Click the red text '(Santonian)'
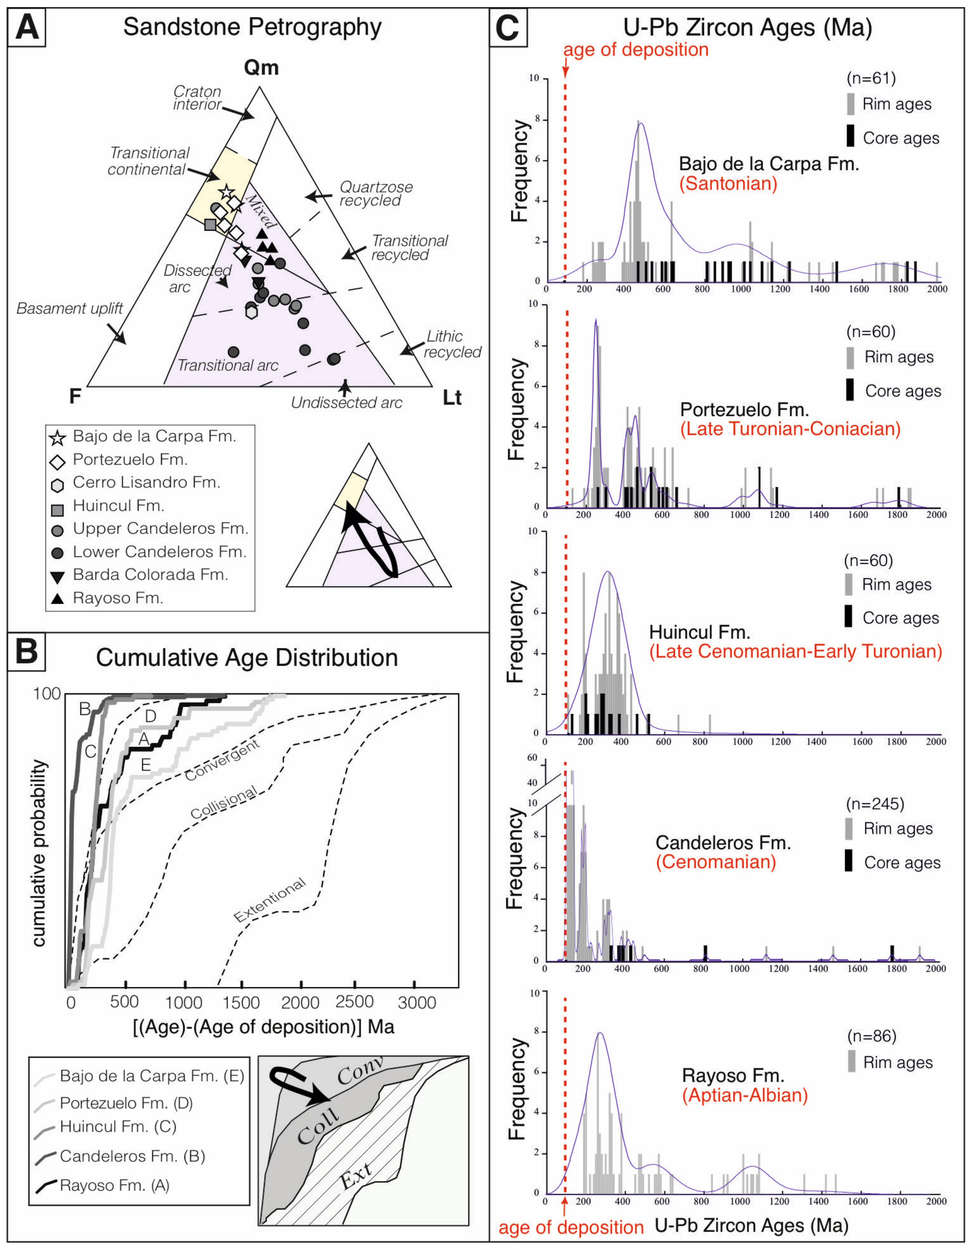[x=728, y=184]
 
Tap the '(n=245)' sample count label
[x=875, y=804]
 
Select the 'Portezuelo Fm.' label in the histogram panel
[x=744, y=409]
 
